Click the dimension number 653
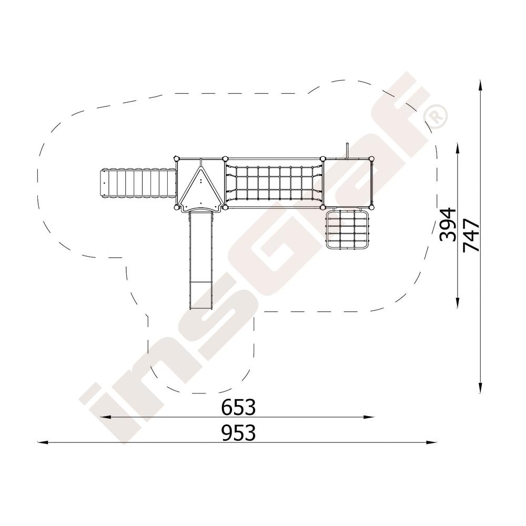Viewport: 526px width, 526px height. pos(238,407)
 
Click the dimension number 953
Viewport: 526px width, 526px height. pos(238,432)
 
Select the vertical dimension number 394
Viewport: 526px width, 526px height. pos(448,225)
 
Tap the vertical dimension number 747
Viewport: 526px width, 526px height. pos(471,235)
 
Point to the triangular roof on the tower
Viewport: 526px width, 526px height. pos(200,188)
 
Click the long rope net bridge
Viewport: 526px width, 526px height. pos(274,183)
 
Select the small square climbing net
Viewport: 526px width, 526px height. pos(348,229)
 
